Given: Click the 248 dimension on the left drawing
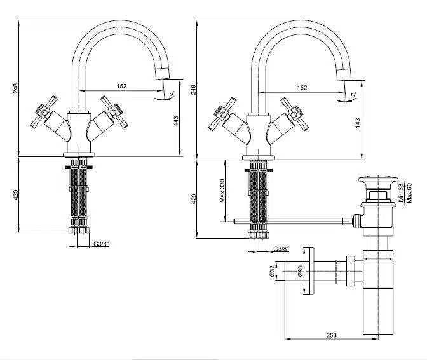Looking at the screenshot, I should point(15,89).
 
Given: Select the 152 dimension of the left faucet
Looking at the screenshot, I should point(121,87).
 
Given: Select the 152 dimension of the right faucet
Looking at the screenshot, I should point(302,87).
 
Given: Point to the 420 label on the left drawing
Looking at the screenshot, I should point(15,197).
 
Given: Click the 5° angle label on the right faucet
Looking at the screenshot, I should point(353,96).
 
